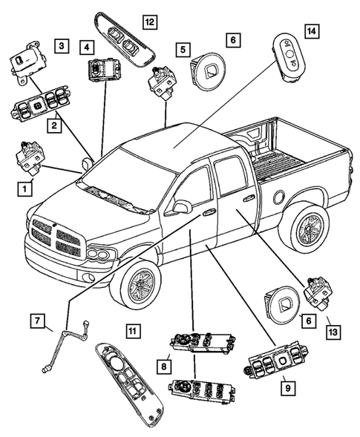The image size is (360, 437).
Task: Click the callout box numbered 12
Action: pos(149,23)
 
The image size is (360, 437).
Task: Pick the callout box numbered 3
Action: pos(64,46)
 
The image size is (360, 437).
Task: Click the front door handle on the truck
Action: pos(209,213)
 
